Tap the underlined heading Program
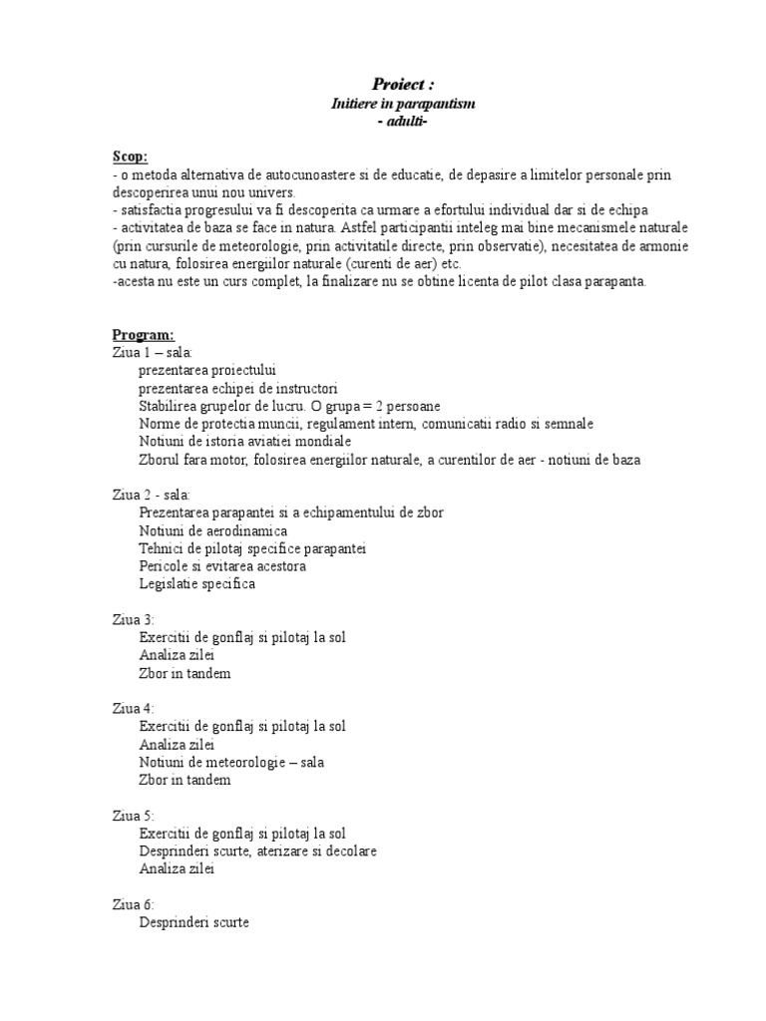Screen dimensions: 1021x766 click(143, 335)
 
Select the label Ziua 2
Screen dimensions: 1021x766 click(134, 495)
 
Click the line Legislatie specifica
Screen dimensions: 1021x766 click(197, 583)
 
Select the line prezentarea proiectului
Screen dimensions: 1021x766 click(207, 370)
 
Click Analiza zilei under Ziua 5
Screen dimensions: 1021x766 click(177, 868)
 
